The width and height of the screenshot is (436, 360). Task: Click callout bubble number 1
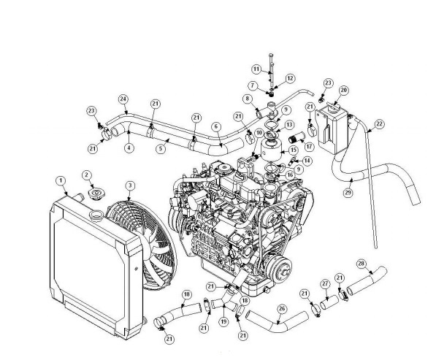[61, 180]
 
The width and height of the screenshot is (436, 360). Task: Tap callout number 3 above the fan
[130, 185]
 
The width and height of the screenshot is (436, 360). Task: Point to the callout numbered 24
[123, 99]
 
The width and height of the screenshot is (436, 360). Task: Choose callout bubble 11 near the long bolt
[256, 69]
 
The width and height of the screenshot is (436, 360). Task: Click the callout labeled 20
[343, 90]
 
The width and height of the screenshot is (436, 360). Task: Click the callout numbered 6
[215, 126]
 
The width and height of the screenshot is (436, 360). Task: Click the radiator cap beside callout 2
[96, 195]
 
